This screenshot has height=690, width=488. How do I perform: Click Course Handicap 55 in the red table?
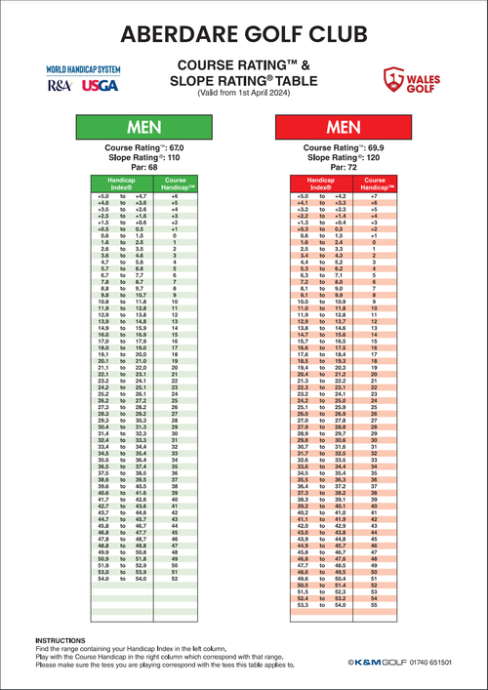pos(375,606)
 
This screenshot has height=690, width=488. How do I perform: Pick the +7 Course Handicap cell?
pos(375,196)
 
